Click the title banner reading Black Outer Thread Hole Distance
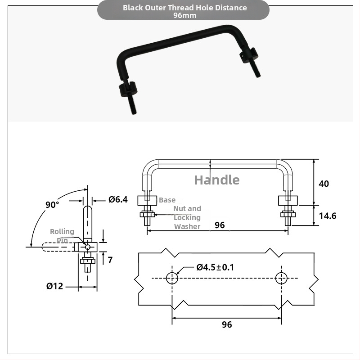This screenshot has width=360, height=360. point(184,8)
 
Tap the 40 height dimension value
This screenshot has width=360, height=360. point(324,184)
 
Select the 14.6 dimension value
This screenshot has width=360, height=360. point(328,216)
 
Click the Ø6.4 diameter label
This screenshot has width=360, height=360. point(118,199)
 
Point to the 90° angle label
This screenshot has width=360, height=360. point(52,205)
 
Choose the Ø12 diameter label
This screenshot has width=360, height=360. point(54,286)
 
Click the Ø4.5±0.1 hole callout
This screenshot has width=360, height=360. point(215,267)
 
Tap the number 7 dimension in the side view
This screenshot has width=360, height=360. point(110,260)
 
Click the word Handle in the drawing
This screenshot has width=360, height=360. point(217,180)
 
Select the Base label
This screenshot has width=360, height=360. point(167,200)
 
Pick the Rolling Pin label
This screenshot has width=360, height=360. point(62,236)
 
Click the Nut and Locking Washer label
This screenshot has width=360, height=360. point(187,217)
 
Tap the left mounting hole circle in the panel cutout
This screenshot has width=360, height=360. point(172,278)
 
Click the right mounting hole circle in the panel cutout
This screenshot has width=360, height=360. point(281,278)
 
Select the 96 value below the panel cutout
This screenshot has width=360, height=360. point(227,324)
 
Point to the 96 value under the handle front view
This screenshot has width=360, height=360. point(220,225)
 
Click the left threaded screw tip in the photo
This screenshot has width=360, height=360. point(134,113)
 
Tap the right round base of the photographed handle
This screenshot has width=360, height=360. point(249,55)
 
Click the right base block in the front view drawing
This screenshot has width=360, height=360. point(288,200)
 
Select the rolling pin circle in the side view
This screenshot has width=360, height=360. point(88,247)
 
